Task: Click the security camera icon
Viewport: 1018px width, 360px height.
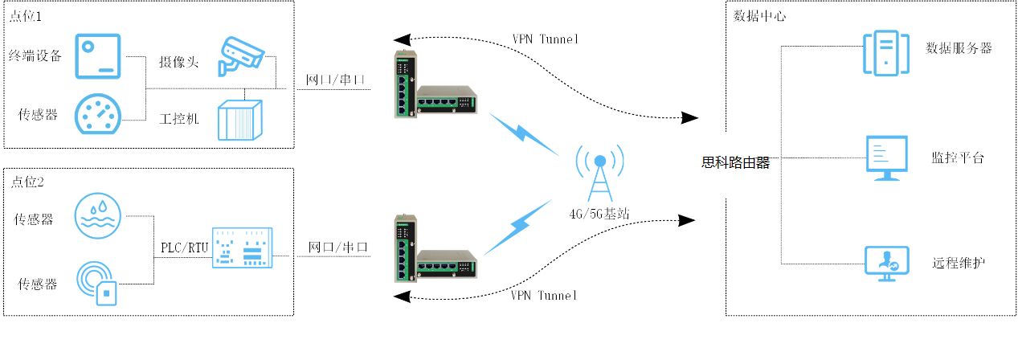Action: point(242,55)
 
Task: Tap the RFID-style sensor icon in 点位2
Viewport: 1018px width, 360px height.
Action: point(99,281)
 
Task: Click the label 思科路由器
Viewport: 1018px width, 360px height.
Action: point(736,163)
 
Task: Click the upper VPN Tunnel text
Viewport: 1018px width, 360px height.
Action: point(545,39)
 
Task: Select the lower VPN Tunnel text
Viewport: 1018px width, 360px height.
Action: point(544,295)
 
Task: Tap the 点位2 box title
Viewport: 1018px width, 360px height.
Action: point(28,182)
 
